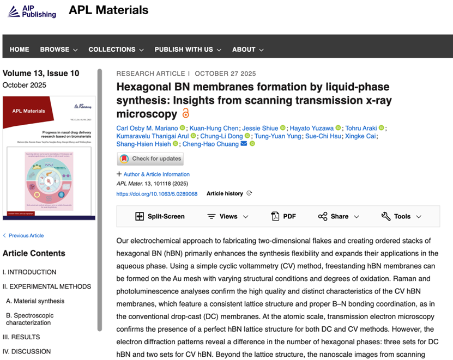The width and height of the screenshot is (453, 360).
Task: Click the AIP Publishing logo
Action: click(32, 11)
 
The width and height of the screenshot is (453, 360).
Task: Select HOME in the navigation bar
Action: click(19, 50)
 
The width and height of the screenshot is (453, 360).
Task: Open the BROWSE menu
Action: click(58, 50)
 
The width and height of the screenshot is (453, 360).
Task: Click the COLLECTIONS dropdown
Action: click(116, 50)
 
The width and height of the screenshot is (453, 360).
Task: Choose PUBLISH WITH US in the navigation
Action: click(188, 50)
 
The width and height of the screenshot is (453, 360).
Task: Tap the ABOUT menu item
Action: click(247, 50)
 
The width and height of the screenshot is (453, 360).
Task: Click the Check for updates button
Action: click(150, 158)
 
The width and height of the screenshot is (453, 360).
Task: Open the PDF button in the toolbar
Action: click(283, 216)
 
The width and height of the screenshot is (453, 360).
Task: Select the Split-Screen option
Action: click(160, 216)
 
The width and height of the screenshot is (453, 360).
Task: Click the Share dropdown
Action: click(339, 216)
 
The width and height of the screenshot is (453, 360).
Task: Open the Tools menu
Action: click(401, 216)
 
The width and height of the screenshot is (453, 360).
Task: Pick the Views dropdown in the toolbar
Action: click(227, 216)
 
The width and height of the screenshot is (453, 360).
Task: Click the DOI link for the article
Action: click(157, 194)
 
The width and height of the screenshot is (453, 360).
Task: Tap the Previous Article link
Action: click(26, 235)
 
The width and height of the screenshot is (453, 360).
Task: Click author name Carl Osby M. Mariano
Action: click(147, 128)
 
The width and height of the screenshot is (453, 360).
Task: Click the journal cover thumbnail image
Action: click(49, 158)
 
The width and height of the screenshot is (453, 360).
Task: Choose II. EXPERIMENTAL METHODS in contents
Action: click(47, 286)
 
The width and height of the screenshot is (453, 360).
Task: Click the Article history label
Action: click(225, 193)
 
